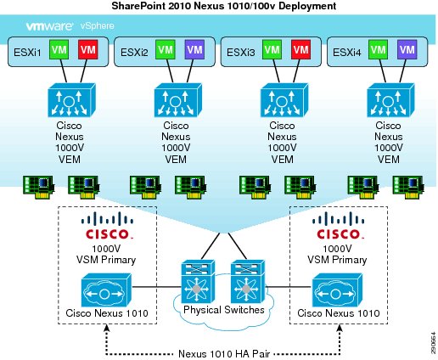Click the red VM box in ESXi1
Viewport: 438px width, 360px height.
point(88,50)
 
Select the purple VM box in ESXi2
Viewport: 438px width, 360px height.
point(194,50)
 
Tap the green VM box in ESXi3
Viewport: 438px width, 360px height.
point(272,50)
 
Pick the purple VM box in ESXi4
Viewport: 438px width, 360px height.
point(407,50)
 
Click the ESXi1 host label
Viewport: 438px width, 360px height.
point(27,53)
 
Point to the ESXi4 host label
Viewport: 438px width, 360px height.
point(347,53)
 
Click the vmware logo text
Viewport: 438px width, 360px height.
point(50,26)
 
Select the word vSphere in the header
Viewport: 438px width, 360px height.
point(98,26)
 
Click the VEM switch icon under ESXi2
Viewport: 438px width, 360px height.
point(178,100)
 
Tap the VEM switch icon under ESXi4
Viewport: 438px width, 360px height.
point(390,100)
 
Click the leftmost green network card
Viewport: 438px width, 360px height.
point(39,187)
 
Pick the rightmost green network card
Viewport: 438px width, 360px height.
point(408,187)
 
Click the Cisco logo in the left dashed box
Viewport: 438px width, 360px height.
point(108,226)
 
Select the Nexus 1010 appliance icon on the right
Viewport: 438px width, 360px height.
point(337,290)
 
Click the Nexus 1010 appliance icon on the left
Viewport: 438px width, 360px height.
point(106,290)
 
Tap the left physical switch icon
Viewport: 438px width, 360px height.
point(198,282)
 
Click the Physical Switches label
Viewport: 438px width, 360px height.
point(224,310)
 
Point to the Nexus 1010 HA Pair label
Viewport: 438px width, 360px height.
point(224,354)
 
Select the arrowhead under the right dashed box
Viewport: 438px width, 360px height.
point(340,328)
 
